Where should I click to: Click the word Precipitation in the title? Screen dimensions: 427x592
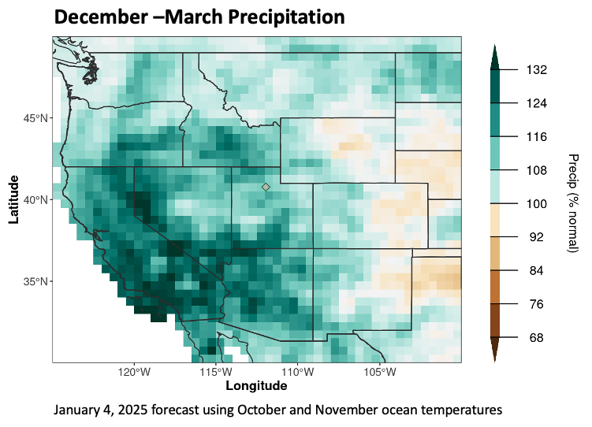(x=274, y=17)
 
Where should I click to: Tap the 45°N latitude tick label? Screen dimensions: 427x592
(x=35, y=119)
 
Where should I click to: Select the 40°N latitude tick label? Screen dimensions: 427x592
(x=35, y=200)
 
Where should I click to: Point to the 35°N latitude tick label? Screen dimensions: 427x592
(x=35, y=282)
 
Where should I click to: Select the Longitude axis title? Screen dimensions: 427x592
(x=256, y=386)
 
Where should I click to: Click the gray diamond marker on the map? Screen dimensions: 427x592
(x=266, y=187)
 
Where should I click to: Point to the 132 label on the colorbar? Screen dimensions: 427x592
(x=537, y=70)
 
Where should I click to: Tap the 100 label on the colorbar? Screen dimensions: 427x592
(x=537, y=204)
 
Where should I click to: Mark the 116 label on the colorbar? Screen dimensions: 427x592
(x=537, y=137)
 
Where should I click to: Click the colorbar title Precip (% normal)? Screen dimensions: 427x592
(x=573, y=203)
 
